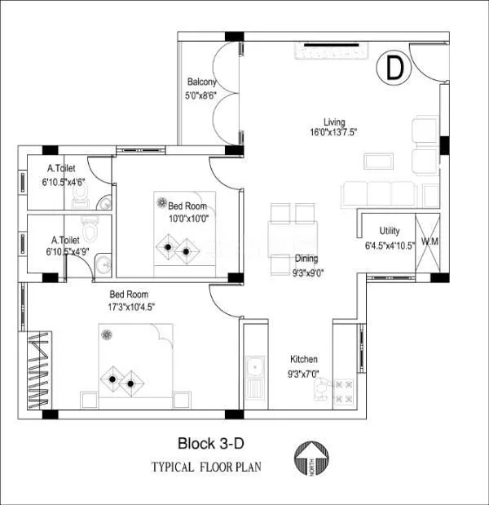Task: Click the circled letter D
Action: (394, 69)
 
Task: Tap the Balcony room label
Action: (202, 82)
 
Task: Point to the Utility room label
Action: (390, 232)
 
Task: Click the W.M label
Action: (430, 241)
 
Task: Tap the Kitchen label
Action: (304, 359)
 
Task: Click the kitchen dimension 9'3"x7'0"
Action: (304, 374)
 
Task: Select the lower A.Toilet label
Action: (66, 241)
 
